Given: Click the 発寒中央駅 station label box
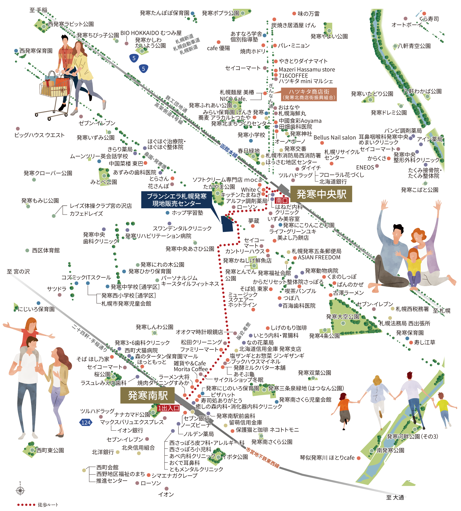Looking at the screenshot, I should pyautogui.click(x=321, y=194).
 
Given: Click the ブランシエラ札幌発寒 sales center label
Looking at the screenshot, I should pyautogui.click(x=177, y=200).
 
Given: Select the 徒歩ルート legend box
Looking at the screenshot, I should pyautogui.click(x=37, y=505).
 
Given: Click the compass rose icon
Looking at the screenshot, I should pyautogui.click(x=20, y=490).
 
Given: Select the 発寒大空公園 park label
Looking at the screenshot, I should pyautogui.click(x=342, y=316).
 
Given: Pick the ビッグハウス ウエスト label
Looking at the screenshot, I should pyautogui.click(x=40, y=135).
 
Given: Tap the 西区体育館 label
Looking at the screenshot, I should pyautogui.click(x=46, y=250).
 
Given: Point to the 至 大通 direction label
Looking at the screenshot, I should pyautogui.click(x=395, y=498).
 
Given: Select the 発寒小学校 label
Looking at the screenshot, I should pyautogui.click(x=251, y=135).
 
